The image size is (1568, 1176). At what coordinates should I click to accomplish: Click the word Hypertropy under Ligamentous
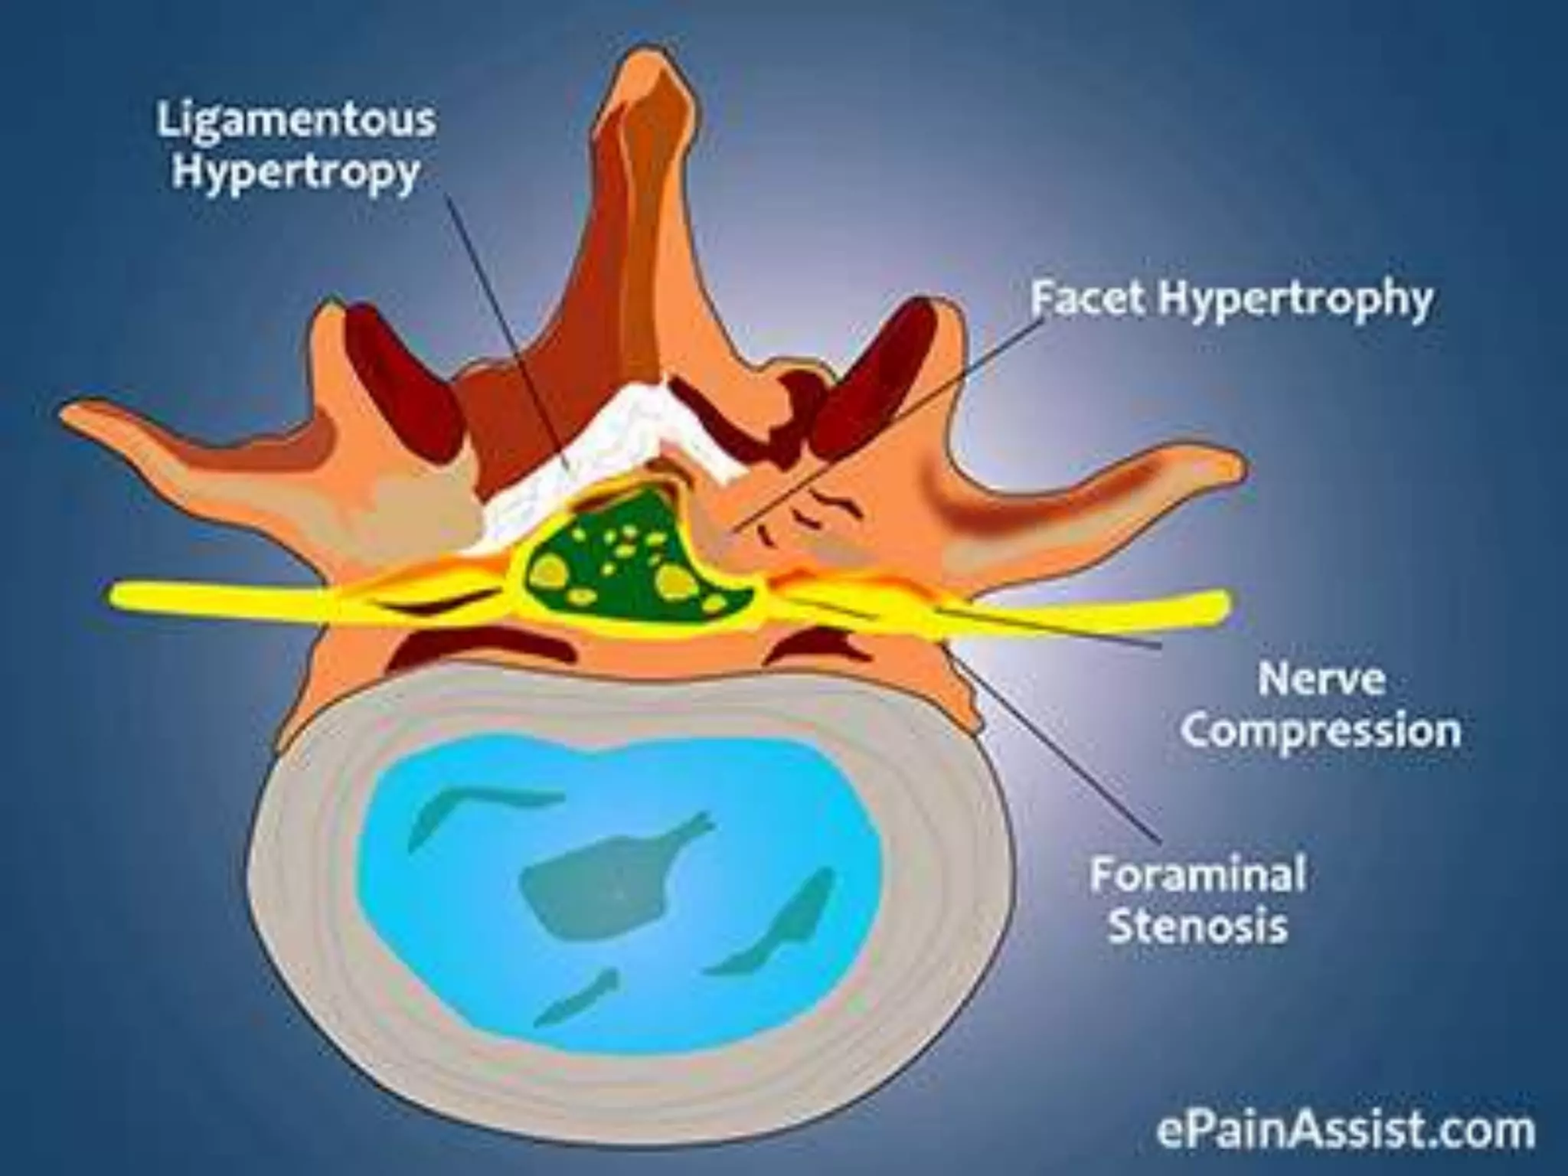(x=296, y=173)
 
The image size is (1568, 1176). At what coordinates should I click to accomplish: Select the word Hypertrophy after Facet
(x=1294, y=299)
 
